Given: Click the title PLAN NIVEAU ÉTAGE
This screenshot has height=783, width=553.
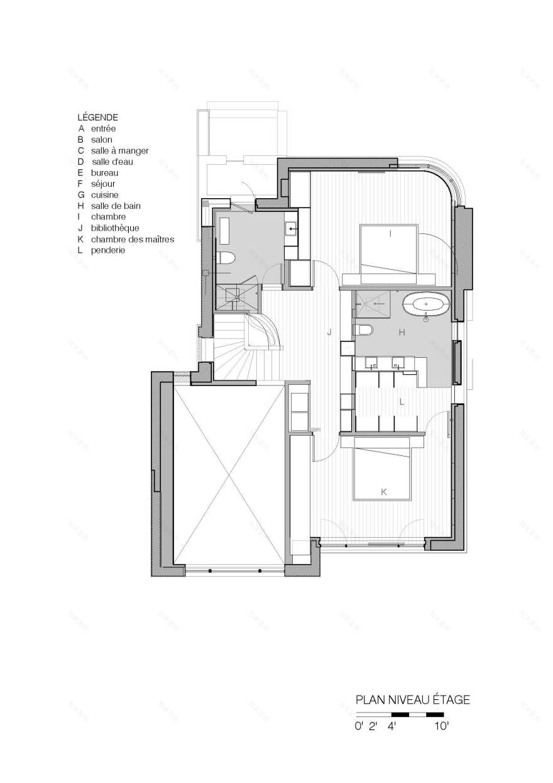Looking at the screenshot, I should pyautogui.click(x=412, y=699).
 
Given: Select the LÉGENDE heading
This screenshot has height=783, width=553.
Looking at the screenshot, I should pyautogui.click(x=97, y=117).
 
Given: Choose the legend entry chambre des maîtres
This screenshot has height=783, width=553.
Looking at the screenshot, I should pyautogui.click(x=132, y=239).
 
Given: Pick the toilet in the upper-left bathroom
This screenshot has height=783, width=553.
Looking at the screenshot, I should pyautogui.click(x=226, y=258).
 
